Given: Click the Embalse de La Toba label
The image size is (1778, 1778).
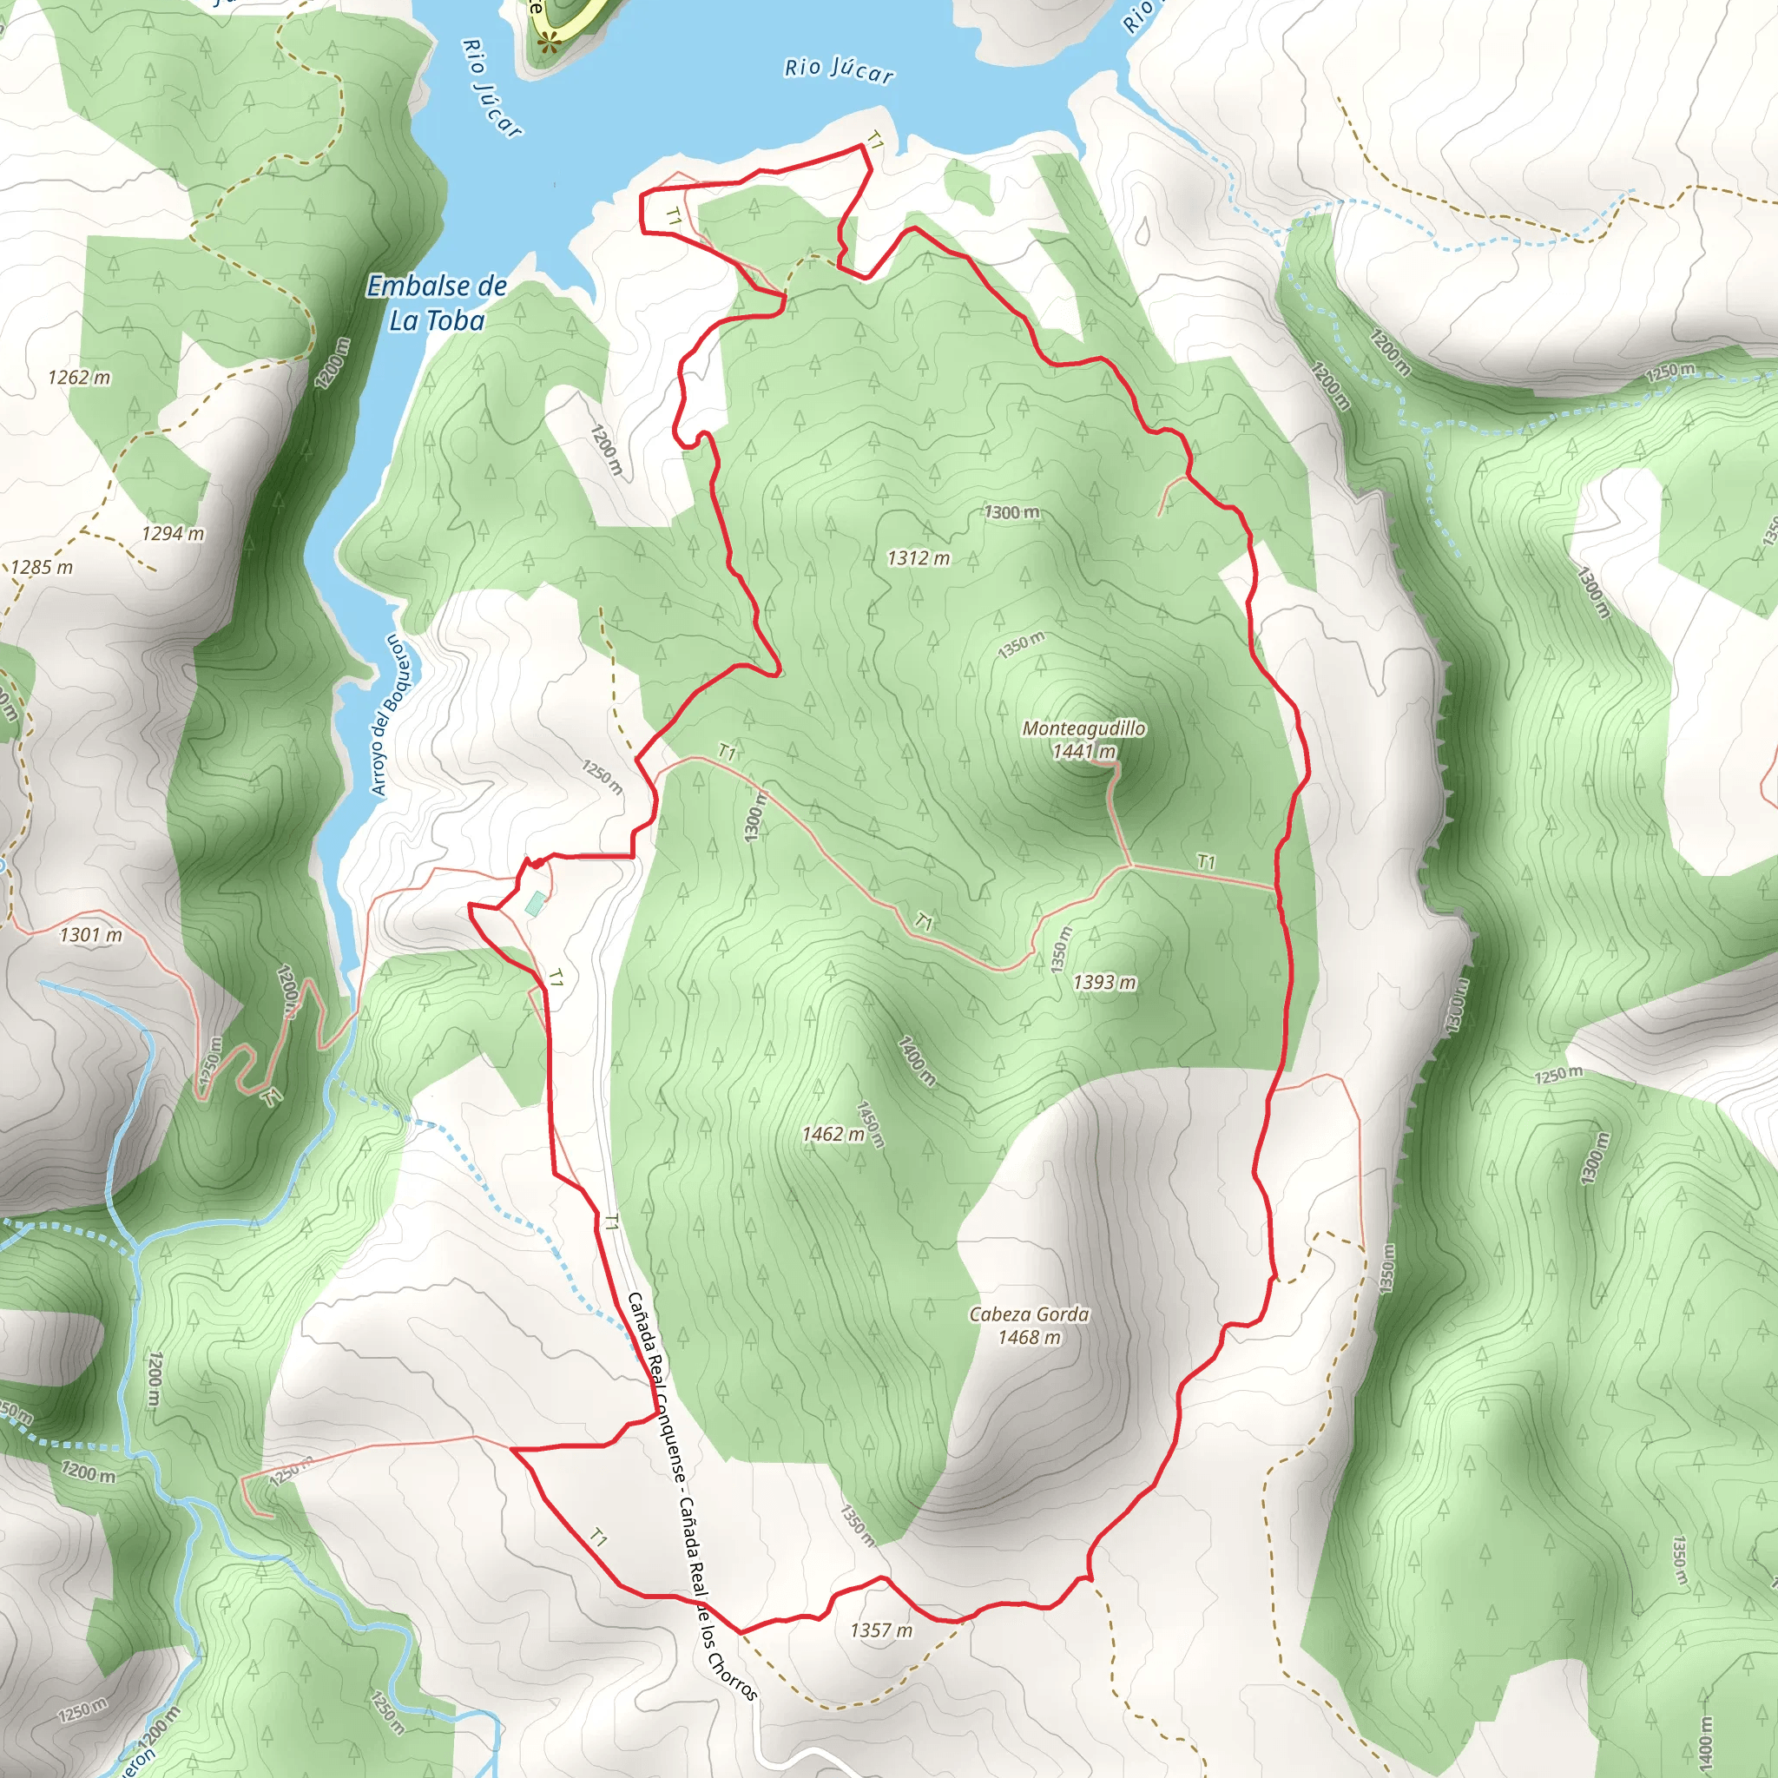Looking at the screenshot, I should click(x=436, y=303).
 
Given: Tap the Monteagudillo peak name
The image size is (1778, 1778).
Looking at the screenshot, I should click(x=1084, y=728).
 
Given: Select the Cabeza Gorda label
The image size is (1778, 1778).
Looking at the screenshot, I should click(x=1029, y=1314).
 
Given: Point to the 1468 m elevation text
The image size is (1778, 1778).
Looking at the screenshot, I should click(x=1029, y=1337).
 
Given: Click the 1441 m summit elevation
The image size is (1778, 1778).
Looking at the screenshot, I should click(x=1084, y=751).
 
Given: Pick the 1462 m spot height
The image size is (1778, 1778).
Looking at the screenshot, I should click(x=833, y=1134).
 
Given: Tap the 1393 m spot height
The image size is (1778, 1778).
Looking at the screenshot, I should click(x=1104, y=983).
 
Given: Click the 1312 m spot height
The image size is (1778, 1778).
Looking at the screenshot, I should click(x=919, y=557).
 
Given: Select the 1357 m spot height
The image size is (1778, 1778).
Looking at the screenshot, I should click(x=880, y=1630).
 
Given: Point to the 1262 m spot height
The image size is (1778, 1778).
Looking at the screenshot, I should click(x=79, y=378).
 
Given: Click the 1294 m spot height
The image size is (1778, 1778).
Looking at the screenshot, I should click(x=173, y=534).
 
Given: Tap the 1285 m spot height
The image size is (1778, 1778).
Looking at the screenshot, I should click(x=42, y=567).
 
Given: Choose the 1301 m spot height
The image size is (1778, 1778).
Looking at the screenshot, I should click(x=91, y=935).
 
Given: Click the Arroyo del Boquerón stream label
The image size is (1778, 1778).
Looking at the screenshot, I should click(x=386, y=714).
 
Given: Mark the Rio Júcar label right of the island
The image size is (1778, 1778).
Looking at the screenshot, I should click(x=839, y=70).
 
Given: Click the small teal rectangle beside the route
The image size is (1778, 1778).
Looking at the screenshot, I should click(x=535, y=903).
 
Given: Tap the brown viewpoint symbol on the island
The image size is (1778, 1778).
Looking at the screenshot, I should click(x=550, y=41).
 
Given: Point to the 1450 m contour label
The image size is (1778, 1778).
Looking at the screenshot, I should click(x=870, y=1125).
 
